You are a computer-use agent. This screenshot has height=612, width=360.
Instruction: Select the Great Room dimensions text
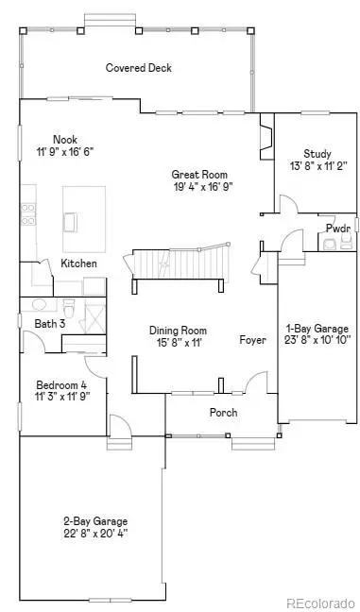[201, 187]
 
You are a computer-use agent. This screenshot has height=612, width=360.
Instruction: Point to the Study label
[316, 154]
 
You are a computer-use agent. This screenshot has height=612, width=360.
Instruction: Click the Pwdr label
[337, 229]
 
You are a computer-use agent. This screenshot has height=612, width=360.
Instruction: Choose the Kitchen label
[79, 263]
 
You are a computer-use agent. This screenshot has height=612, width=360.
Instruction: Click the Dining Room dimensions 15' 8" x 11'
[177, 343]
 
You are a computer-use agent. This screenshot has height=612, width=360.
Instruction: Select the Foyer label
[252, 340]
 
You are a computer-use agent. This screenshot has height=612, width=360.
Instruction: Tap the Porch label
[223, 413]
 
